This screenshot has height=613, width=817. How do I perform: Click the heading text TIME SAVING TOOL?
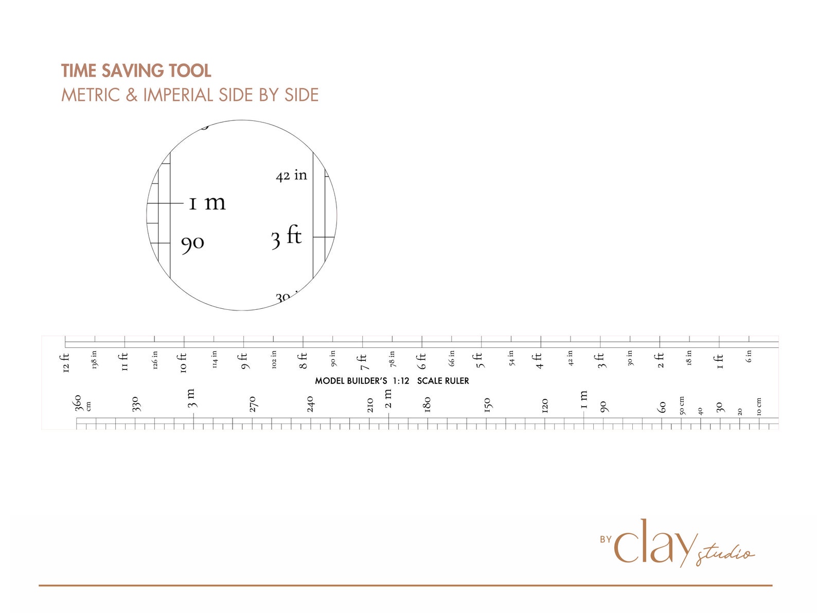point(136,71)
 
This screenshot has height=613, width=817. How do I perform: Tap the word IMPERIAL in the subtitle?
point(177,95)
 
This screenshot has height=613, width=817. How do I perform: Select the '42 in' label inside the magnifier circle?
point(291,176)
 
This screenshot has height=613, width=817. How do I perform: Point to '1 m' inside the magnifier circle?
point(207,202)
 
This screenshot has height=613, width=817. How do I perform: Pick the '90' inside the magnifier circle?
point(193,243)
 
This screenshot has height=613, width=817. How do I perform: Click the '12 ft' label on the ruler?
point(65,362)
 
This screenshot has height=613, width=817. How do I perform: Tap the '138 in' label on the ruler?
point(94,360)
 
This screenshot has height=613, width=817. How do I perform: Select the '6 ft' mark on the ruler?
point(422,361)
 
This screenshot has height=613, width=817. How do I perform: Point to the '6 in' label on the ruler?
point(749,356)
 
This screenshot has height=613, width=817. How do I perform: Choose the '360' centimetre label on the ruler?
point(78,402)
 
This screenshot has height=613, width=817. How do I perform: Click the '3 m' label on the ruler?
point(191,398)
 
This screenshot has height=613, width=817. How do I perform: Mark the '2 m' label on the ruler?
point(388,398)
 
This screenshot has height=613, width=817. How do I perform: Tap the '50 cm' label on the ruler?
point(682,405)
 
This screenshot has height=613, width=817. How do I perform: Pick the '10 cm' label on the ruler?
point(759,407)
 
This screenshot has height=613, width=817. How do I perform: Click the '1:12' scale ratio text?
point(401,381)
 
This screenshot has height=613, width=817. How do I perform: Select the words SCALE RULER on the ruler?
point(443,381)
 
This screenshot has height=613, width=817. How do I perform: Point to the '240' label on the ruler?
point(310,404)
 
